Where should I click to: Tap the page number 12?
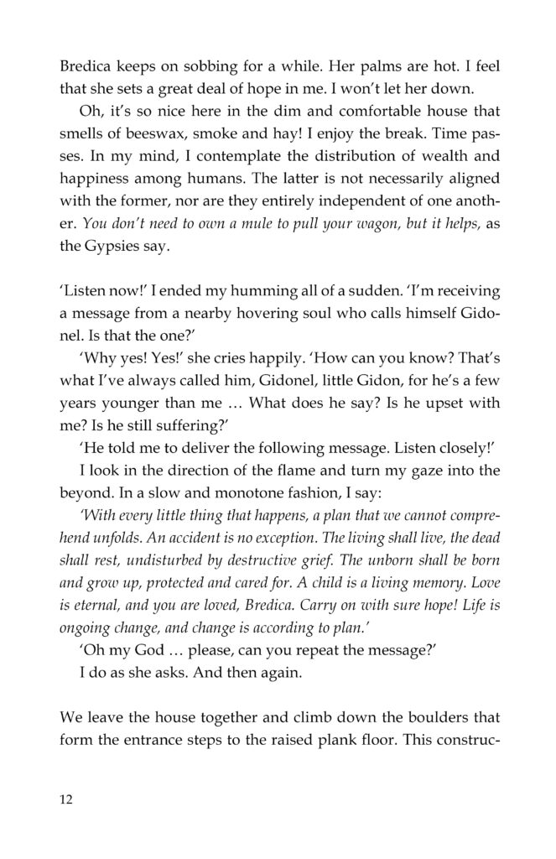[66, 799]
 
